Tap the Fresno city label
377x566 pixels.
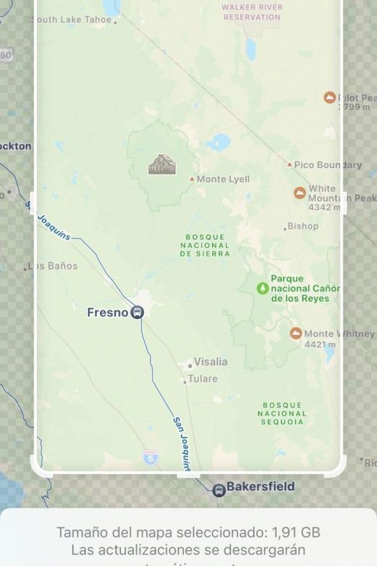(107, 313)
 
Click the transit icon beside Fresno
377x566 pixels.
(137, 313)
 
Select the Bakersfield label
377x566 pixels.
(260, 487)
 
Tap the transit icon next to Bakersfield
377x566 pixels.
(219, 490)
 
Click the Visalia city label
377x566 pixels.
(210, 361)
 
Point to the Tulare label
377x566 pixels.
(202, 379)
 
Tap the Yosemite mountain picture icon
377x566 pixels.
(162, 164)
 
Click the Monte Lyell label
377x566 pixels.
(223, 179)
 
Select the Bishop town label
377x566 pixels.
(303, 226)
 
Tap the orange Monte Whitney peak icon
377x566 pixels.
(296, 333)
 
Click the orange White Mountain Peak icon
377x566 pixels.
(300, 192)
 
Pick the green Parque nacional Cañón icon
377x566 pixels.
(263, 288)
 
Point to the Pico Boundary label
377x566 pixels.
(327, 165)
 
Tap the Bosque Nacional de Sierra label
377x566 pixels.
(205, 245)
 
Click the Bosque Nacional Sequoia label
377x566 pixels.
(282, 413)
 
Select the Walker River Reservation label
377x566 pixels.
(252, 12)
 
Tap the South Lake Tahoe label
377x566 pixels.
(72, 19)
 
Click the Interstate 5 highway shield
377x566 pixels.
(150, 457)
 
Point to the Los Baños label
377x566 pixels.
(53, 266)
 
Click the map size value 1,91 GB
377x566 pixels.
(296, 533)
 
